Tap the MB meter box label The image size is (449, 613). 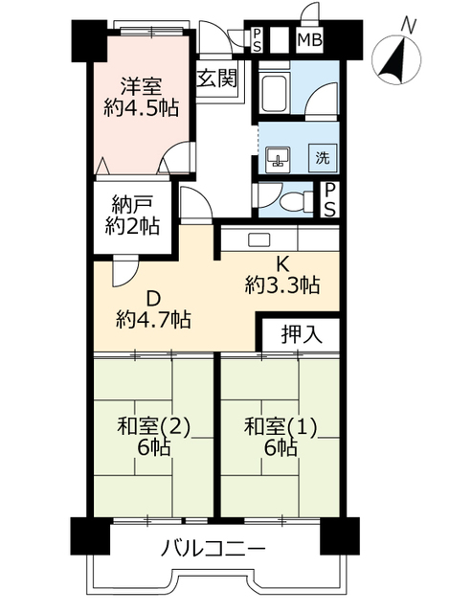pyautogui.click(x=309, y=40)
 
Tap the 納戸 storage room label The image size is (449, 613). pyautogui.click(x=133, y=203)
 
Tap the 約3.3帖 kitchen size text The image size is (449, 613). pyautogui.click(x=282, y=284)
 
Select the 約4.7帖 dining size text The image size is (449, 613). pyautogui.click(x=153, y=318)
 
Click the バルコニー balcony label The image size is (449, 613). pyautogui.click(x=214, y=550)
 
